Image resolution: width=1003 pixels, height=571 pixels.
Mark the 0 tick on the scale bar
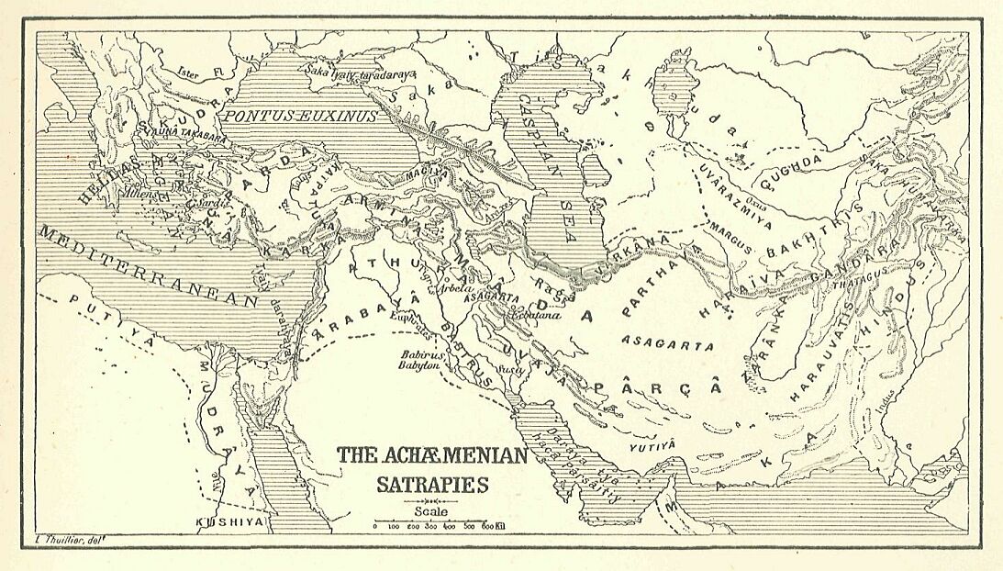click(x=374, y=527)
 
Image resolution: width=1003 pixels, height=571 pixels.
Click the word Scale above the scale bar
click(x=431, y=511)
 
